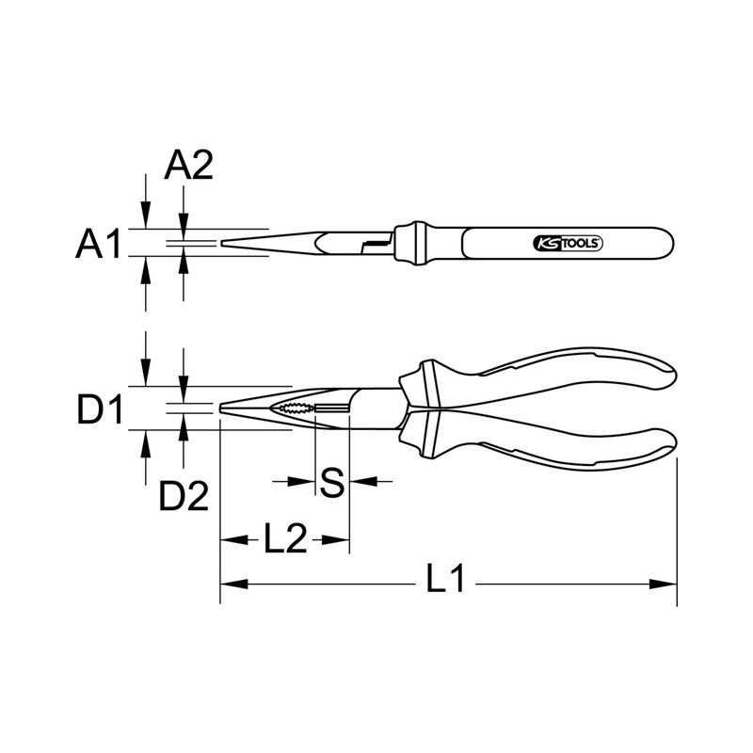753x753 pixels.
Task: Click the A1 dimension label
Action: point(99,244)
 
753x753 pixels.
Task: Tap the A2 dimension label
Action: point(188,166)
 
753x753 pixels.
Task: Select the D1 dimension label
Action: point(100,409)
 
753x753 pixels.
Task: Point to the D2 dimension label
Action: point(184,496)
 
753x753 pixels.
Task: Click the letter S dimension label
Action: point(332,482)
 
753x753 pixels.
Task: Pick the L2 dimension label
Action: point(285,538)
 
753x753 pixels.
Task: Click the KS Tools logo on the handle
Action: point(569,244)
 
